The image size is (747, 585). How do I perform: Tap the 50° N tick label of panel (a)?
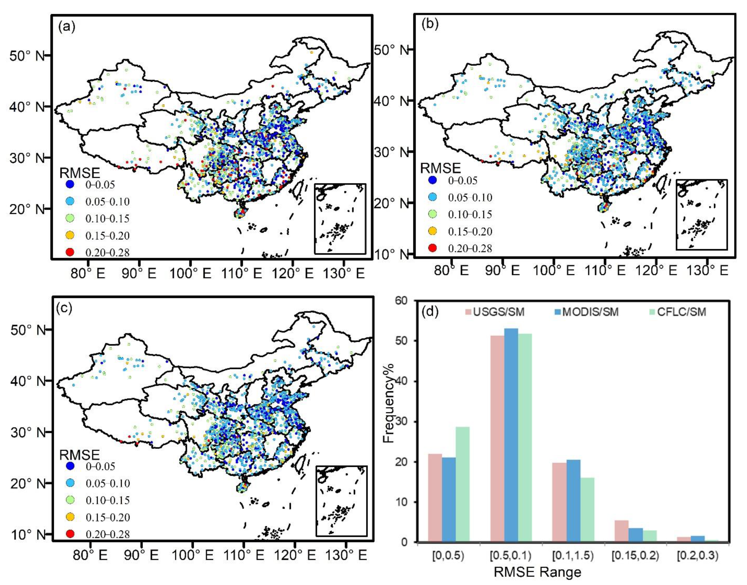point(27,56)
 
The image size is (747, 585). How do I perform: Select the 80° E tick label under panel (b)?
point(451,271)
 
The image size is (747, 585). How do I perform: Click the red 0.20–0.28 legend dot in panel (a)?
point(70,252)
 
